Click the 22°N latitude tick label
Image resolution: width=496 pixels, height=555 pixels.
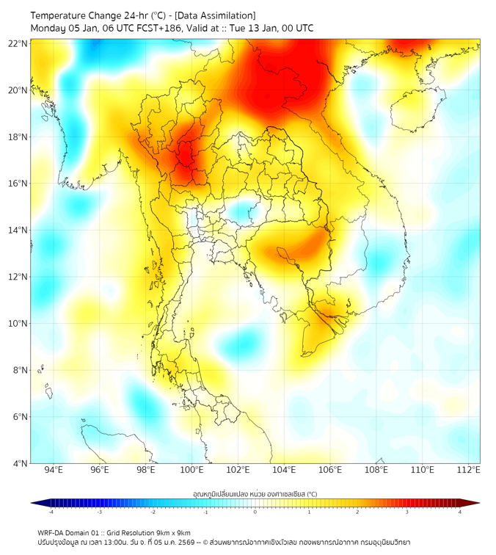(18, 43)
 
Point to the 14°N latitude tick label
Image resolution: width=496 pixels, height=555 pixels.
(18, 230)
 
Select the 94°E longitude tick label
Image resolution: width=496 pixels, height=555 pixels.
(54, 471)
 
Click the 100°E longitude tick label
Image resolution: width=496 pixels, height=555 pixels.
(192, 471)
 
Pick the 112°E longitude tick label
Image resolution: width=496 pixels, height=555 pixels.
(469, 471)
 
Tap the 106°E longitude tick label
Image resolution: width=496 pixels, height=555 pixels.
(330, 471)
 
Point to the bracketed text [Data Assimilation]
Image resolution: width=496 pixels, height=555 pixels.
(218, 15)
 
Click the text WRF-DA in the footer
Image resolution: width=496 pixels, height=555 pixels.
(52, 532)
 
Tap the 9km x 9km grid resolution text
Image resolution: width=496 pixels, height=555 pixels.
(174, 532)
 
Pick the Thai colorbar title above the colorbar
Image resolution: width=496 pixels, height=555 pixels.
(255, 493)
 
